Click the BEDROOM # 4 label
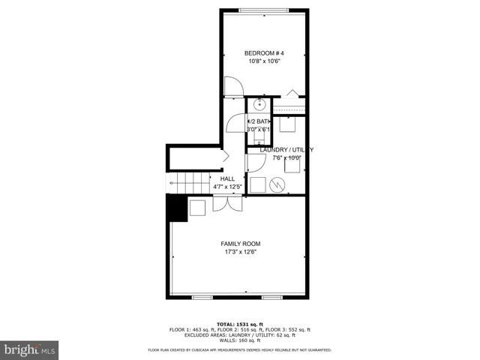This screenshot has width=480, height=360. click(265, 52)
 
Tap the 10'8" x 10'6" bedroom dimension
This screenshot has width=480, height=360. click(265, 61)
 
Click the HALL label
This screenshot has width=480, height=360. click(227, 178)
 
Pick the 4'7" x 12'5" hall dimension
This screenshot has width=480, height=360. click(227, 187)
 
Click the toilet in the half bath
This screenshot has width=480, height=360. click(259, 133)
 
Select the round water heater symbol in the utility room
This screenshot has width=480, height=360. click(276, 184)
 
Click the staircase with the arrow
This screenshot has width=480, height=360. click(187, 182)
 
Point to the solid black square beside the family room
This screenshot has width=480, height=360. click(175, 208)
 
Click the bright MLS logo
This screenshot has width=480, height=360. click(30, 349)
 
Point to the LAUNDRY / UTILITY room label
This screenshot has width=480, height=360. click(286, 150)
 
